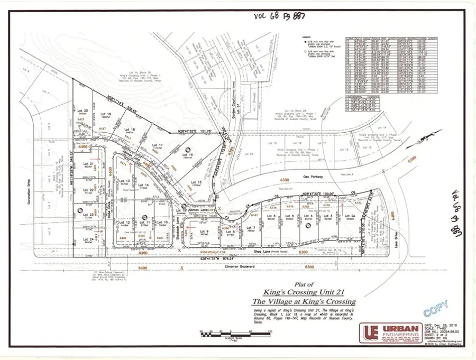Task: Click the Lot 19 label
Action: pyautogui.click(x=106, y=114)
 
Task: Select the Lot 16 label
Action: pyautogui.click(x=189, y=154)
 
